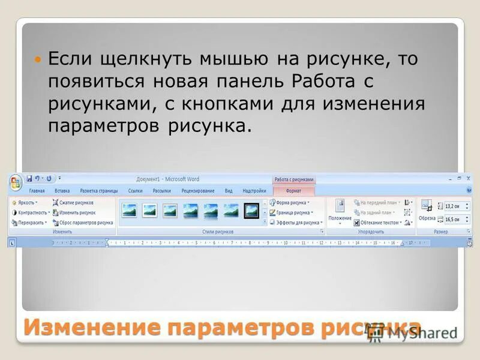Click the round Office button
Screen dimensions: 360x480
point(16,181)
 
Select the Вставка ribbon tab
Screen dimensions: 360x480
point(62,191)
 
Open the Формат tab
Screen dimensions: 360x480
point(293,191)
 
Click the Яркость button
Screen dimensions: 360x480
point(26,203)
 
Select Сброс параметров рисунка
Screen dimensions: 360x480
point(83,222)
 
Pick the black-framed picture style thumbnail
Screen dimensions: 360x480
point(251,210)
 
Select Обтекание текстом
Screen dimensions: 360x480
point(379,222)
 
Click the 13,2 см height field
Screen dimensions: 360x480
point(454,206)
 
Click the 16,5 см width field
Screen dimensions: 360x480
point(454,220)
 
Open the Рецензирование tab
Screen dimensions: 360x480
point(197,191)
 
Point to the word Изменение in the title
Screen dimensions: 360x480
point(93,328)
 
